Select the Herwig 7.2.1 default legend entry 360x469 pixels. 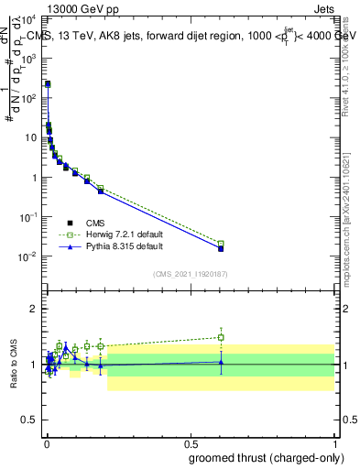click(117, 234)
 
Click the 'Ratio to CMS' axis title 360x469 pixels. click(15, 365)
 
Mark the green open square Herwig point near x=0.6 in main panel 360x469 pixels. click(221, 244)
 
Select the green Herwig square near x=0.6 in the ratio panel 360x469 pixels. click(221, 337)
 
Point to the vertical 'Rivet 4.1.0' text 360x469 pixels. click(352, 55)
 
